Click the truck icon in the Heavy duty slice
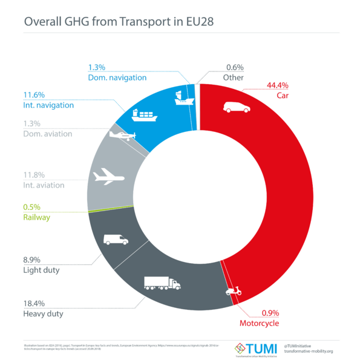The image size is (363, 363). pyautogui.click(x=162, y=283)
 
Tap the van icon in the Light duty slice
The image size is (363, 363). pyautogui.click(x=116, y=239)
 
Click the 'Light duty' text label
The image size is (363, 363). pyautogui.click(x=41, y=270)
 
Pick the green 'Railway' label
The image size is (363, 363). pyautogui.click(x=36, y=217)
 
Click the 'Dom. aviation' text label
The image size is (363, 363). pyautogui.click(x=47, y=133)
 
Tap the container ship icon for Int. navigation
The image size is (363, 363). pyautogui.click(x=144, y=113)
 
